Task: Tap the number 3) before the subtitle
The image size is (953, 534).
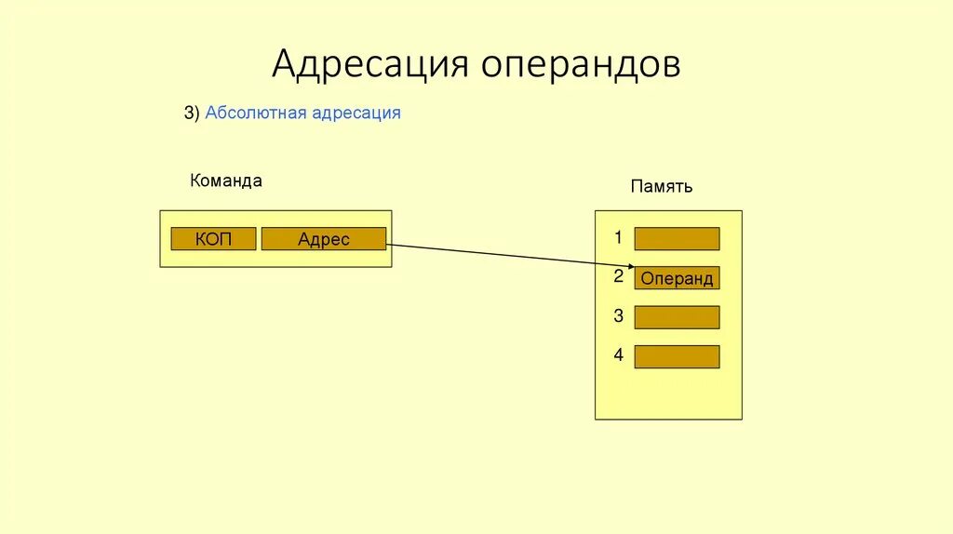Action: (x=192, y=113)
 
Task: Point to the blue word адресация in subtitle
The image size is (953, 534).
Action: (x=356, y=113)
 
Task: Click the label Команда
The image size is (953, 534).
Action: (x=225, y=181)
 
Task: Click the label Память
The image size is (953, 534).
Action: (x=661, y=187)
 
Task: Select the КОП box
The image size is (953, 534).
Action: (x=213, y=239)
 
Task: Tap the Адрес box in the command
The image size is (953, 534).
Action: (x=323, y=239)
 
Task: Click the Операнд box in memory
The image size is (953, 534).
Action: (x=677, y=278)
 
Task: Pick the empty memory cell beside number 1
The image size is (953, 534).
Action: (x=677, y=239)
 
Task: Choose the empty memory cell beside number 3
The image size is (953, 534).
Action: (x=677, y=317)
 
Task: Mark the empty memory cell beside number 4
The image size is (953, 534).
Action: (x=677, y=356)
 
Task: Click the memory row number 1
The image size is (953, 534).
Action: (x=618, y=238)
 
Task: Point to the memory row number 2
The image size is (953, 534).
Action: (x=618, y=276)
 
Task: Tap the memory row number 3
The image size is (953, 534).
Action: (x=618, y=316)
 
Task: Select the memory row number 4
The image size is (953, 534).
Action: (x=618, y=355)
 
